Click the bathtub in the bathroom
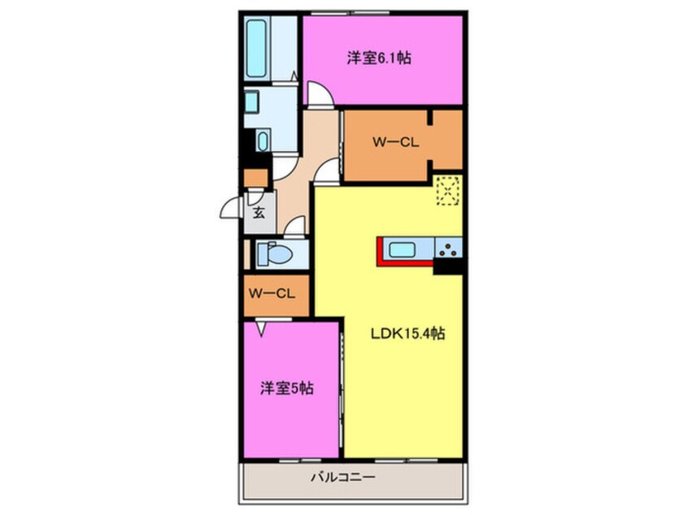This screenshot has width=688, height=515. click(256, 48)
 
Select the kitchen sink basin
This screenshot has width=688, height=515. click(403, 249)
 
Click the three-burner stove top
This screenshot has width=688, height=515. click(448, 249)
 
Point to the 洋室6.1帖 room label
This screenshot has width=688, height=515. click(378, 58)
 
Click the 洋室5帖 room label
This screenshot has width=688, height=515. click(287, 388)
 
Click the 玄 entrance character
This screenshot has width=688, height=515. click(258, 214)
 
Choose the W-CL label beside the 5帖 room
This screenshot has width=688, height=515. click(272, 293)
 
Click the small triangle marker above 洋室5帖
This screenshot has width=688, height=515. click(262, 328)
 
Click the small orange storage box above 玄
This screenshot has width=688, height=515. click(255, 179)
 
